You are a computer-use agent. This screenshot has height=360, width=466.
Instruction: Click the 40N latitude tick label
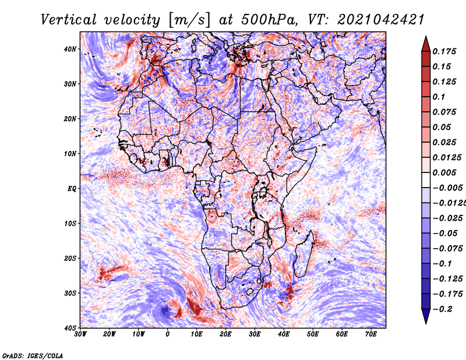tap(70, 49)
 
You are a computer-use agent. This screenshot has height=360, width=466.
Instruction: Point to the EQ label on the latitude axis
tap(72, 189)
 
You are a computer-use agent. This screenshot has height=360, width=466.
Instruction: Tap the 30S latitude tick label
tap(70, 293)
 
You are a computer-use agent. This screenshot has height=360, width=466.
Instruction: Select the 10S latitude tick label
tap(70, 223)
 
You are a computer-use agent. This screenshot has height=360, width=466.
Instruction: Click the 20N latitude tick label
tap(70, 119)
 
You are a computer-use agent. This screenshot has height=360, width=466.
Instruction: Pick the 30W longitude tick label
tap(80, 334)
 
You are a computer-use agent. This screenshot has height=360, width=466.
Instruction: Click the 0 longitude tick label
tap(168, 334)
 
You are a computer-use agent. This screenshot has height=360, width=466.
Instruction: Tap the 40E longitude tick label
tap(284, 334)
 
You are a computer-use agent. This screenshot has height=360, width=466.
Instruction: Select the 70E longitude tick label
tap(371, 334)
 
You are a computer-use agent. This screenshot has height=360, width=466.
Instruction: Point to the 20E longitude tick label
tap(225, 334)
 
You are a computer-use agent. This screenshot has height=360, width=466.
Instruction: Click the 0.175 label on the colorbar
tap(444, 51)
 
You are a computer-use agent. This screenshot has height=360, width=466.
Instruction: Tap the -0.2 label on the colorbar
tap(442, 309)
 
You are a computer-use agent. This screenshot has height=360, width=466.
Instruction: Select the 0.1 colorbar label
tap(439, 97)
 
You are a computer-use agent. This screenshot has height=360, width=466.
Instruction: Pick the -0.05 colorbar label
tap(445, 233)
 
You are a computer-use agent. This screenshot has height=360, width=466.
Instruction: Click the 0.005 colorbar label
tap(444, 172)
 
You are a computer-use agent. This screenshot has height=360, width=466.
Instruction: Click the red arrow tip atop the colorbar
tap(426, 37)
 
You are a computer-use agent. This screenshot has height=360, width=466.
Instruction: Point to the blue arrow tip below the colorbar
tap(426, 323)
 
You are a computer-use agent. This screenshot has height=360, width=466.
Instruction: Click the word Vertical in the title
tap(69, 20)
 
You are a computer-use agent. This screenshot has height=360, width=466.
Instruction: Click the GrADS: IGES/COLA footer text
tap(33, 355)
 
